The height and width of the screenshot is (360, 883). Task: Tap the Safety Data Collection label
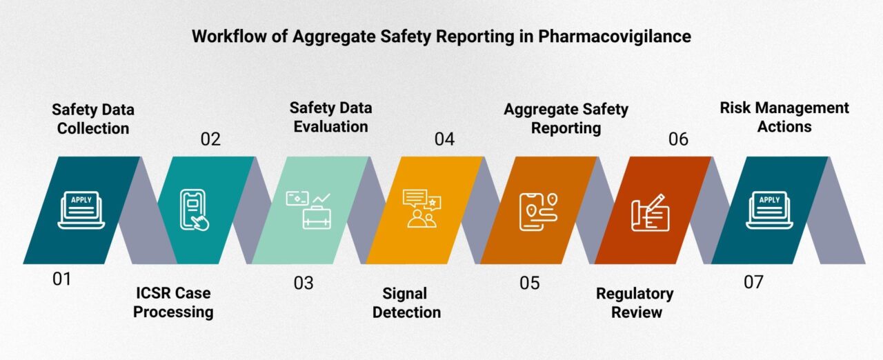pyautogui.click(x=93, y=119)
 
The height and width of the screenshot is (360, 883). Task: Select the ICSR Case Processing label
pyautogui.click(x=173, y=303)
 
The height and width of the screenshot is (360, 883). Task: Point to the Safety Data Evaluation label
pyautogui.click(x=330, y=117)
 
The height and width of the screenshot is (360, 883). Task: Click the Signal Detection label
pyautogui.click(x=406, y=303)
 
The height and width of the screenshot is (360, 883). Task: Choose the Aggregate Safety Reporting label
pyautogui.click(x=566, y=118)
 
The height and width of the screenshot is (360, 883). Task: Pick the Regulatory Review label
pyautogui.click(x=634, y=303)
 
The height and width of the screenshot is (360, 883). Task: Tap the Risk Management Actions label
pyautogui.click(x=784, y=117)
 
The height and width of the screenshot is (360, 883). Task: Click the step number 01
pyautogui.click(x=61, y=280)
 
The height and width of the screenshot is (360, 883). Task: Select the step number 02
pyautogui.click(x=210, y=139)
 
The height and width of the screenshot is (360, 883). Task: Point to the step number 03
pyautogui.click(x=303, y=283)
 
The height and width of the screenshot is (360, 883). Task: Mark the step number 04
pyautogui.click(x=444, y=139)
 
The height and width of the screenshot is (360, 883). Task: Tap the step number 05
pyautogui.click(x=530, y=283)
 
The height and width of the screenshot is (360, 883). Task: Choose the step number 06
pyautogui.click(x=678, y=139)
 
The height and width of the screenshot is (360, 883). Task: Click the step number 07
pyautogui.click(x=754, y=282)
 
